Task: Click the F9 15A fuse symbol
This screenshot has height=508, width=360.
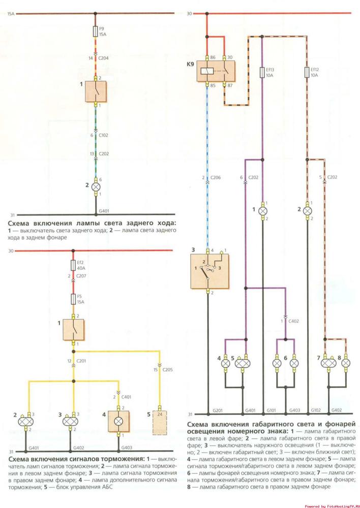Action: click(x=96, y=31)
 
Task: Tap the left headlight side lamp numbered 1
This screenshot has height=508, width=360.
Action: click(x=262, y=210)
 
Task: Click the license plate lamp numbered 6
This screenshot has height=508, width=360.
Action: click(x=294, y=364)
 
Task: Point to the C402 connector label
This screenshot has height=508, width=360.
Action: click(x=293, y=321)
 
